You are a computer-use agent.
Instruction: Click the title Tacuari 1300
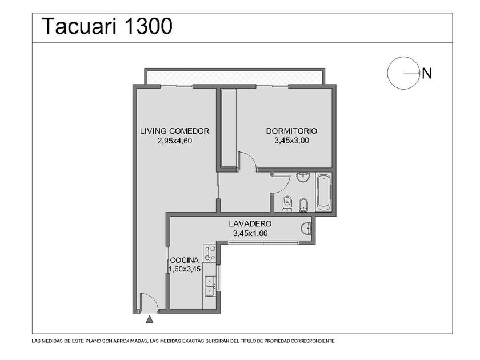(x=107, y=26)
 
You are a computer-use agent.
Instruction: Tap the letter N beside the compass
(x=427, y=74)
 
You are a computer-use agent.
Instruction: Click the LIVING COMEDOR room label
(x=175, y=131)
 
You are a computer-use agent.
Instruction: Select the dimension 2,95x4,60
(x=175, y=141)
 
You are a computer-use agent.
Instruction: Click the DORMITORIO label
(x=291, y=131)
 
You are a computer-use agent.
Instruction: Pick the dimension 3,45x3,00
(x=291, y=141)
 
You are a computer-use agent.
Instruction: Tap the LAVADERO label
(x=250, y=224)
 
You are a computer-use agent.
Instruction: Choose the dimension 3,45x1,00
(x=250, y=234)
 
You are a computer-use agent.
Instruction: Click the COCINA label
(x=184, y=260)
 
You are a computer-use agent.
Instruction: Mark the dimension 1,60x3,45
(x=185, y=269)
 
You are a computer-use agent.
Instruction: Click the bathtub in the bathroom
(x=323, y=192)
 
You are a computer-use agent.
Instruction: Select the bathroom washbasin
(x=303, y=177)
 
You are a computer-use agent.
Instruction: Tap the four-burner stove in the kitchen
(x=210, y=253)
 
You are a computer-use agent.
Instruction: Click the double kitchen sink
(x=210, y=286)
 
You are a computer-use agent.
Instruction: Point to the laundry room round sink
(x=306, y=229)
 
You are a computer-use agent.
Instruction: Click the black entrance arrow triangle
(x=149, y=319)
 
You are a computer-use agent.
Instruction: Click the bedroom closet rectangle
(x=229, y=128)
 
